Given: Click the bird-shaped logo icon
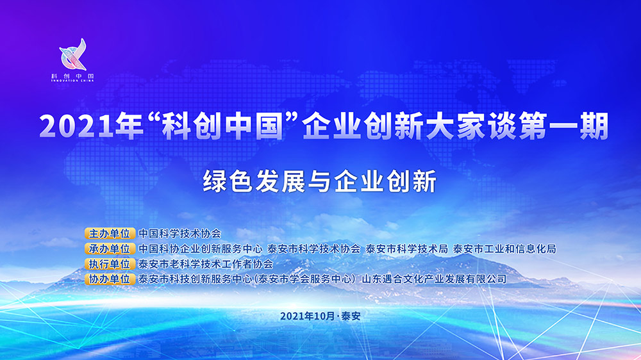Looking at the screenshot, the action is pos(73,54).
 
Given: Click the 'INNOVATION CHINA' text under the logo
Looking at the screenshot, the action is pos(73,81).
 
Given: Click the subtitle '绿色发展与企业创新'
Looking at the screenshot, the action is pos(320,181).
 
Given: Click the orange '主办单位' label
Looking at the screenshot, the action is pos(110,233).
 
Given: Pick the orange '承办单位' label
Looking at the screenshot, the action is pos(110,249).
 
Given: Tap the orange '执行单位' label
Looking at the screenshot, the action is pos(110,264).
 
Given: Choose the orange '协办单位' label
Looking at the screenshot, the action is pos(110,279).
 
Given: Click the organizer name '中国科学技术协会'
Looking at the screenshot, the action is pos(180,233).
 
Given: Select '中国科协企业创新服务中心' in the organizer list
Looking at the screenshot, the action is pos(200,249).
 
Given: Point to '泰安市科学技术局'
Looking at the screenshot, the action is pos(407,249).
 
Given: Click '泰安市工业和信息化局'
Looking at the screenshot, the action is pos(505,249).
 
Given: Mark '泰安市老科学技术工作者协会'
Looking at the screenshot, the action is pos(206,264).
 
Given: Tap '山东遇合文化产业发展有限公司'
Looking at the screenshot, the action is pos(434,279).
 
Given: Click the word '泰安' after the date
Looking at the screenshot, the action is pos(351,316).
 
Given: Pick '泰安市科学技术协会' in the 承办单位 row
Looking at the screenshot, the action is pos(314,249).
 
